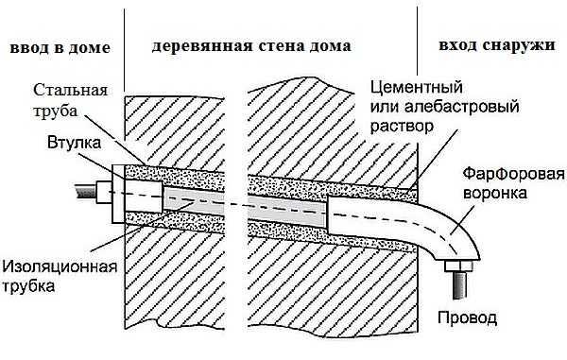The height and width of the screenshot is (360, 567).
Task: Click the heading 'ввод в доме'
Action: [56, 46]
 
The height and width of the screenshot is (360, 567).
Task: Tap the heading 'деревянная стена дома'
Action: [250, 45]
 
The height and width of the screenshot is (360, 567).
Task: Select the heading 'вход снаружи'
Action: [497, 45]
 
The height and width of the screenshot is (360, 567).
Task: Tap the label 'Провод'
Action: [465, 317]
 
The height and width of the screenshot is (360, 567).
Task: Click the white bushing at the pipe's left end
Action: [117, 196]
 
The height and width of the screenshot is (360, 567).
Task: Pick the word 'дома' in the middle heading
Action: [328, 45]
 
